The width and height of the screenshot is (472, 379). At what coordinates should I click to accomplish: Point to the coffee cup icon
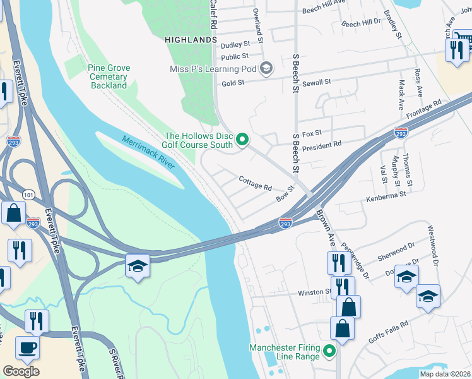pyautogui.click(x=27, y=347)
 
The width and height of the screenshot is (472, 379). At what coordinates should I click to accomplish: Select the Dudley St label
pyautogui.click(x=235, y=44)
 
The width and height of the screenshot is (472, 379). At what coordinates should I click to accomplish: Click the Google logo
pyautogui.click(x=21, y=371)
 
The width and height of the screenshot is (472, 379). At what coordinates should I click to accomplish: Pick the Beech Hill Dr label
pyautogui.click(x=361, y=23)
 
